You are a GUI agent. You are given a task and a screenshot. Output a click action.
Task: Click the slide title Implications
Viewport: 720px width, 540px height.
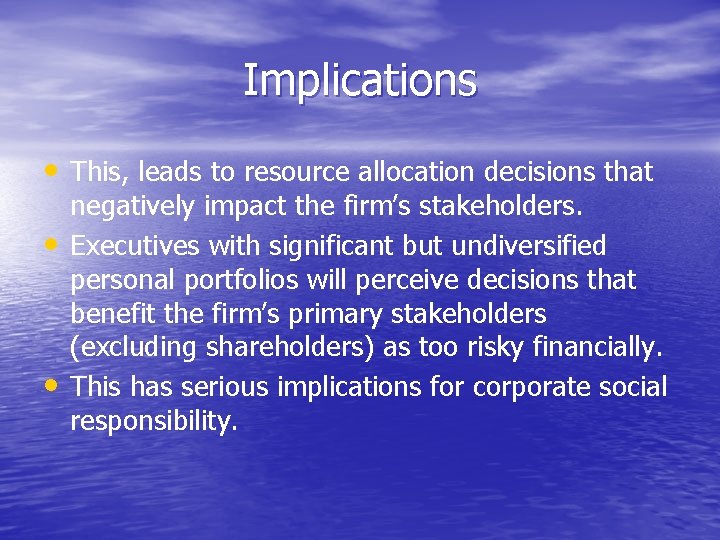click(360, 80)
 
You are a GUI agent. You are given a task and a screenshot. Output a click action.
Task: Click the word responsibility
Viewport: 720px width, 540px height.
click(153, 421)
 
